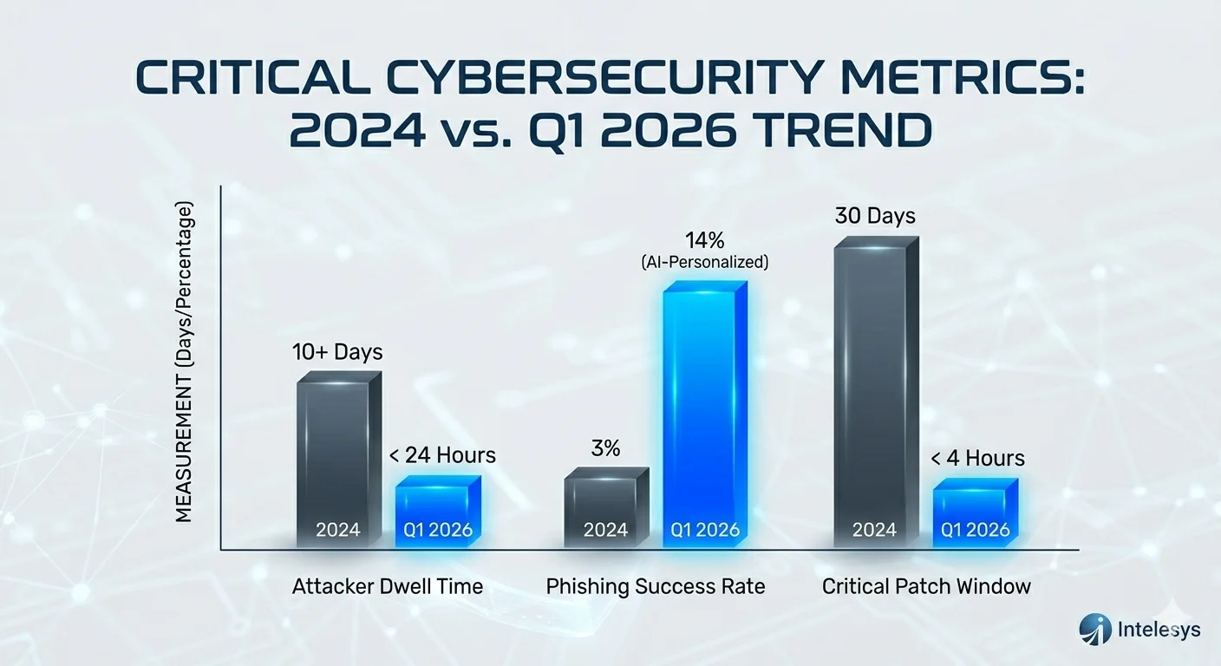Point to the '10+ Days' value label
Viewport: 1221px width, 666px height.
[337, 353]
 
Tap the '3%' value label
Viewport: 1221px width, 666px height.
[605, 449]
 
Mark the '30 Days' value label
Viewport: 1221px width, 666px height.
[875, 216]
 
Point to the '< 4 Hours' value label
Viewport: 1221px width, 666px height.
[978, 458]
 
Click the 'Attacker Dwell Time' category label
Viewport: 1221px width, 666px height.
[387, 586]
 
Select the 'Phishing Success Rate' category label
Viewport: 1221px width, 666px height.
[656, 586]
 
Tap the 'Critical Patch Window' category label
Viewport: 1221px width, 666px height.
[926, 586]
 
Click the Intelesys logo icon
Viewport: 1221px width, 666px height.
[1094, 628]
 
